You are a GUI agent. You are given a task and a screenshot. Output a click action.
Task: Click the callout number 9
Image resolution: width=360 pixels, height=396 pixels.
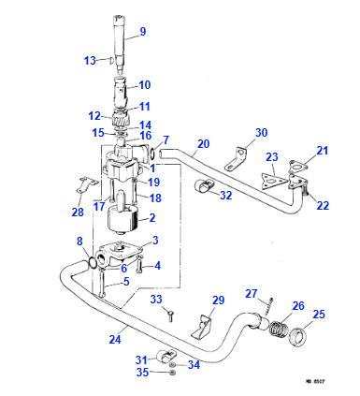[143, 32]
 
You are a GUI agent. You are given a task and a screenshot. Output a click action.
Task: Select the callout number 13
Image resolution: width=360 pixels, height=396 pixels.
[90, 60]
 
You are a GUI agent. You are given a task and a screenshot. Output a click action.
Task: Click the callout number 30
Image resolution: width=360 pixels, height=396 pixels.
[262, 132]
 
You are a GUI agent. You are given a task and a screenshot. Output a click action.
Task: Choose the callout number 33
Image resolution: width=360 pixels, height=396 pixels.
[157, 300]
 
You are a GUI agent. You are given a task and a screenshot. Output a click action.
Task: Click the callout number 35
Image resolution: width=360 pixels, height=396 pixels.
[143, 373]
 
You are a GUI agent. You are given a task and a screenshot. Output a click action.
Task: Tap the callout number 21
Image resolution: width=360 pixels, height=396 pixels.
[323, 151]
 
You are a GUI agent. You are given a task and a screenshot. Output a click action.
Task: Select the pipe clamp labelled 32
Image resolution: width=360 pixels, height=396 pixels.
[204, 190]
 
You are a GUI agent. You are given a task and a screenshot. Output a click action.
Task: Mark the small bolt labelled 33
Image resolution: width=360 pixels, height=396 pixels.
[169, 316]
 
